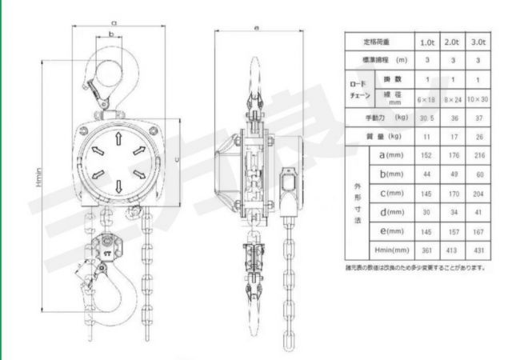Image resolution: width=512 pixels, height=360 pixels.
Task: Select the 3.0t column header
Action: (478, 41)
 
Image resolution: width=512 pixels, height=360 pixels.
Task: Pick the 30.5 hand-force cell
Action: (428, 118)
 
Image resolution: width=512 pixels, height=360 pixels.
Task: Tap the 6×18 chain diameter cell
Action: (428, 98)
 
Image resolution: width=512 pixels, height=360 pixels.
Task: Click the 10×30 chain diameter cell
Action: (478, 98)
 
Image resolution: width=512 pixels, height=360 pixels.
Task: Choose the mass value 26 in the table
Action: (478, 137)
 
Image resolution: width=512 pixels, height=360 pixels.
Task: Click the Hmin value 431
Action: (478, 250)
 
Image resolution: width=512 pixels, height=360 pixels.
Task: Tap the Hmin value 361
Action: (428, 250)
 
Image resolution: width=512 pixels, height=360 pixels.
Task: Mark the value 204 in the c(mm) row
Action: (478, 194)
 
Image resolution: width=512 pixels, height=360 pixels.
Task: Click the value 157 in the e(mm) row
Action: (453, 231)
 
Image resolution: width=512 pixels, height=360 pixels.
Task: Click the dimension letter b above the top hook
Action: (110, 34)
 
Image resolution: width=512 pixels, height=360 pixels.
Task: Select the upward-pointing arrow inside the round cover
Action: (118, 138)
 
